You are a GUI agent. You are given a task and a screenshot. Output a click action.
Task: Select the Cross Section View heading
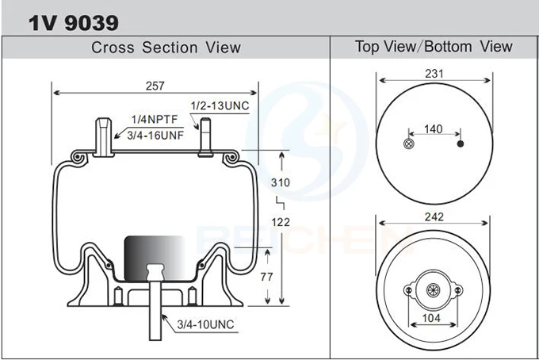coord(166,47)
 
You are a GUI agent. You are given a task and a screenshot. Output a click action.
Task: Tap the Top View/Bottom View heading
coord(434,46)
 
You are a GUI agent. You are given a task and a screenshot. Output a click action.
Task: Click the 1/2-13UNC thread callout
coord(219,105)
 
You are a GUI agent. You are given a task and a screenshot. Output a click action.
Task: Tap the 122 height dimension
coord(281,222)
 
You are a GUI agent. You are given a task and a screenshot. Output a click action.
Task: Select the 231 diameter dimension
coord(434,74)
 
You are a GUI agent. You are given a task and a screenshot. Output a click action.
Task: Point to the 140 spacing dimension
coord(434,128)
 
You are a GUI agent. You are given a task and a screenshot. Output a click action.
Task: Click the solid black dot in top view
coord(460,144)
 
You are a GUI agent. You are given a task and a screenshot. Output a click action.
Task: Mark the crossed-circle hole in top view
coord(408,144)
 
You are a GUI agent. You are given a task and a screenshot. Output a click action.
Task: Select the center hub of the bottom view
coord(434,291)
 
